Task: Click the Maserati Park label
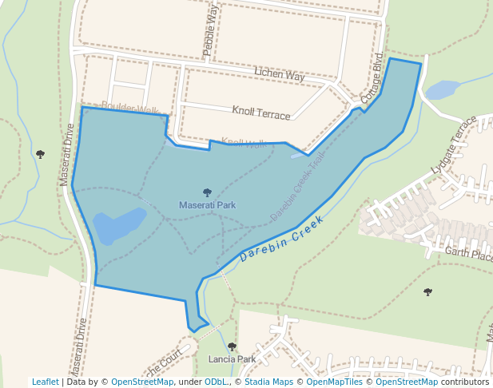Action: point(207,205)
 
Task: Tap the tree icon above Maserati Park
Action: point(208,192)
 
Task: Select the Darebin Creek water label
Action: point(281,239)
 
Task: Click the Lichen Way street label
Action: point(280,74)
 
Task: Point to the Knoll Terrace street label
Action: point(261,113)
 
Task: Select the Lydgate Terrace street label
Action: point(453,145)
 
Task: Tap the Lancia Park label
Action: point(232,359)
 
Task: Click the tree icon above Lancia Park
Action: point(232,346)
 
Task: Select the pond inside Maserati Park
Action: point(119,226)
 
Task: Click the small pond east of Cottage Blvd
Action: point(443,89)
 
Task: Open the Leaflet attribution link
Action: point(45,382)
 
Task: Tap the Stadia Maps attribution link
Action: point(267,382)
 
